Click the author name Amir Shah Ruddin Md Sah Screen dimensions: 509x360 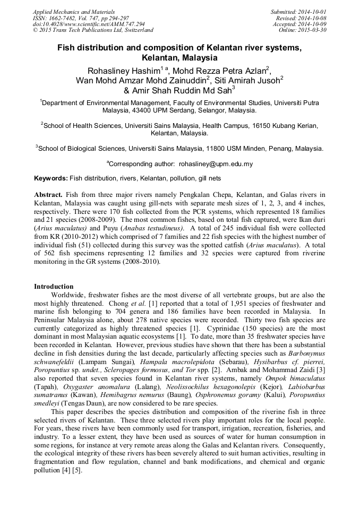pos(181,91)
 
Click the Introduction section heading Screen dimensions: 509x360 pos(54,287)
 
